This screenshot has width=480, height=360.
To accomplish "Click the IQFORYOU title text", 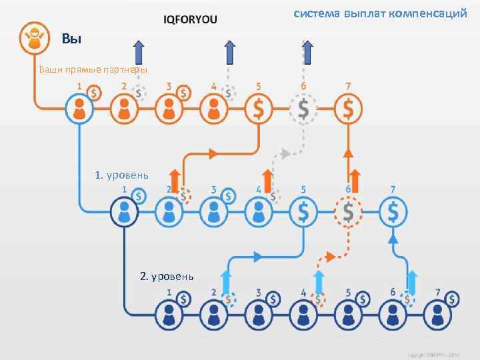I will pyautogui.click(x=190, y=19).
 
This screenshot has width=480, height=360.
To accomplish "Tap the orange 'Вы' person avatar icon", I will pyautogui.click(x=33, y=37).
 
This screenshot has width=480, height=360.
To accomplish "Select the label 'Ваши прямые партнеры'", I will pyautogui.click(x=93, y=69).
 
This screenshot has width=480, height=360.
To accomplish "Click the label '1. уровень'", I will pyautogui.click(x=121, y=175).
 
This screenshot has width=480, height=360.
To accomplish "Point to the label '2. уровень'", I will pyautogui.click(x=167, y=275).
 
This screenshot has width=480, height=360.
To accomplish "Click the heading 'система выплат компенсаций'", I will pyautogui.click(x=381, y=13).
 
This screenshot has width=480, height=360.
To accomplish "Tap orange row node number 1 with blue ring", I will pyautogui.click(x=79, y=107).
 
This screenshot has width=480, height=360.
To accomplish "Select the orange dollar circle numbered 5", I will pyautogui.click(x=259, y=107).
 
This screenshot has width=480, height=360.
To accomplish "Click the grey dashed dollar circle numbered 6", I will pyautogui.click(x=303, y=107).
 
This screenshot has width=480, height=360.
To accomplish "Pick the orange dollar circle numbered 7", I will pyautogui.click(x=348, y=107).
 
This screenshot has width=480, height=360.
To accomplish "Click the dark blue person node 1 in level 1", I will pyautogui.click(x=124, y=213).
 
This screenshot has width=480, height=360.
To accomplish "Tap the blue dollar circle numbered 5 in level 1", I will pyautogui.click(x=303, y=213).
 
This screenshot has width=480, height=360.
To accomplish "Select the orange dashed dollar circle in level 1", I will pyautogui.click(x=348, y=213).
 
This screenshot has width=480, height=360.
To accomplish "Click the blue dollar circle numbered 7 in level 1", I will pyautogui.click(x=393, y=213).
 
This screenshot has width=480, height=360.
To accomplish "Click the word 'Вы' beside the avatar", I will pyautogui.click(x=71, y=39).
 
